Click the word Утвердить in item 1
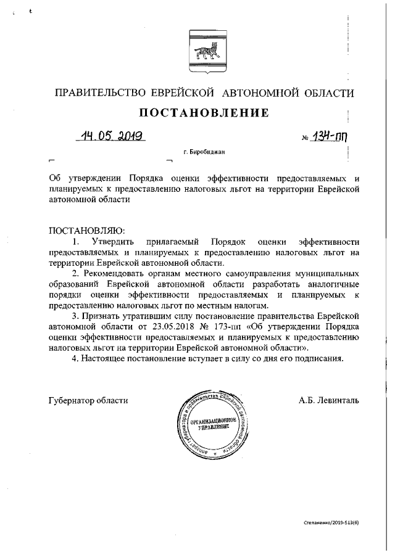coord(116,241)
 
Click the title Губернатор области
coord(88,401)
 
